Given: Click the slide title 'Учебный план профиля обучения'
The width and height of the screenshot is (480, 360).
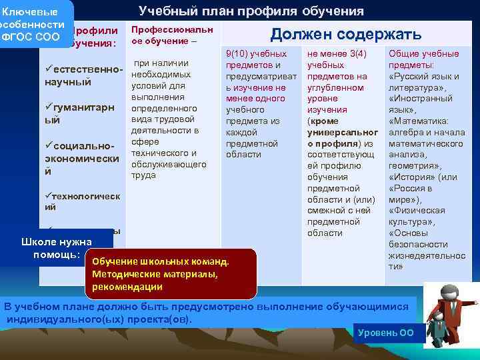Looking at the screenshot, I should (251, 11).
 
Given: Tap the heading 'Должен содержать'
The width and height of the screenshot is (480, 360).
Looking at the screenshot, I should (345, 35).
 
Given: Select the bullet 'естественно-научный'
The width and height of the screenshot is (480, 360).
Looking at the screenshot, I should (81, 75).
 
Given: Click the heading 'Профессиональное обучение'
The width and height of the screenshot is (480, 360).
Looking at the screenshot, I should (173, 35).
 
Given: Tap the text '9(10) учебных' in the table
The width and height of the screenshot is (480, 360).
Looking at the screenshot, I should (256, 53).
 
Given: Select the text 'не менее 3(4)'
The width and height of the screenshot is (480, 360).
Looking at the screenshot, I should (334, 53).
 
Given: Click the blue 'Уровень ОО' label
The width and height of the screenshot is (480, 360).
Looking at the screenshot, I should (386, 332).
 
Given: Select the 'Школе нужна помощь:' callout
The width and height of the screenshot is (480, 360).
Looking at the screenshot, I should (57, 247).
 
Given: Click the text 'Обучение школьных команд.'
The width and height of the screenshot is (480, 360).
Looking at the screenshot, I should (160, 262).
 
